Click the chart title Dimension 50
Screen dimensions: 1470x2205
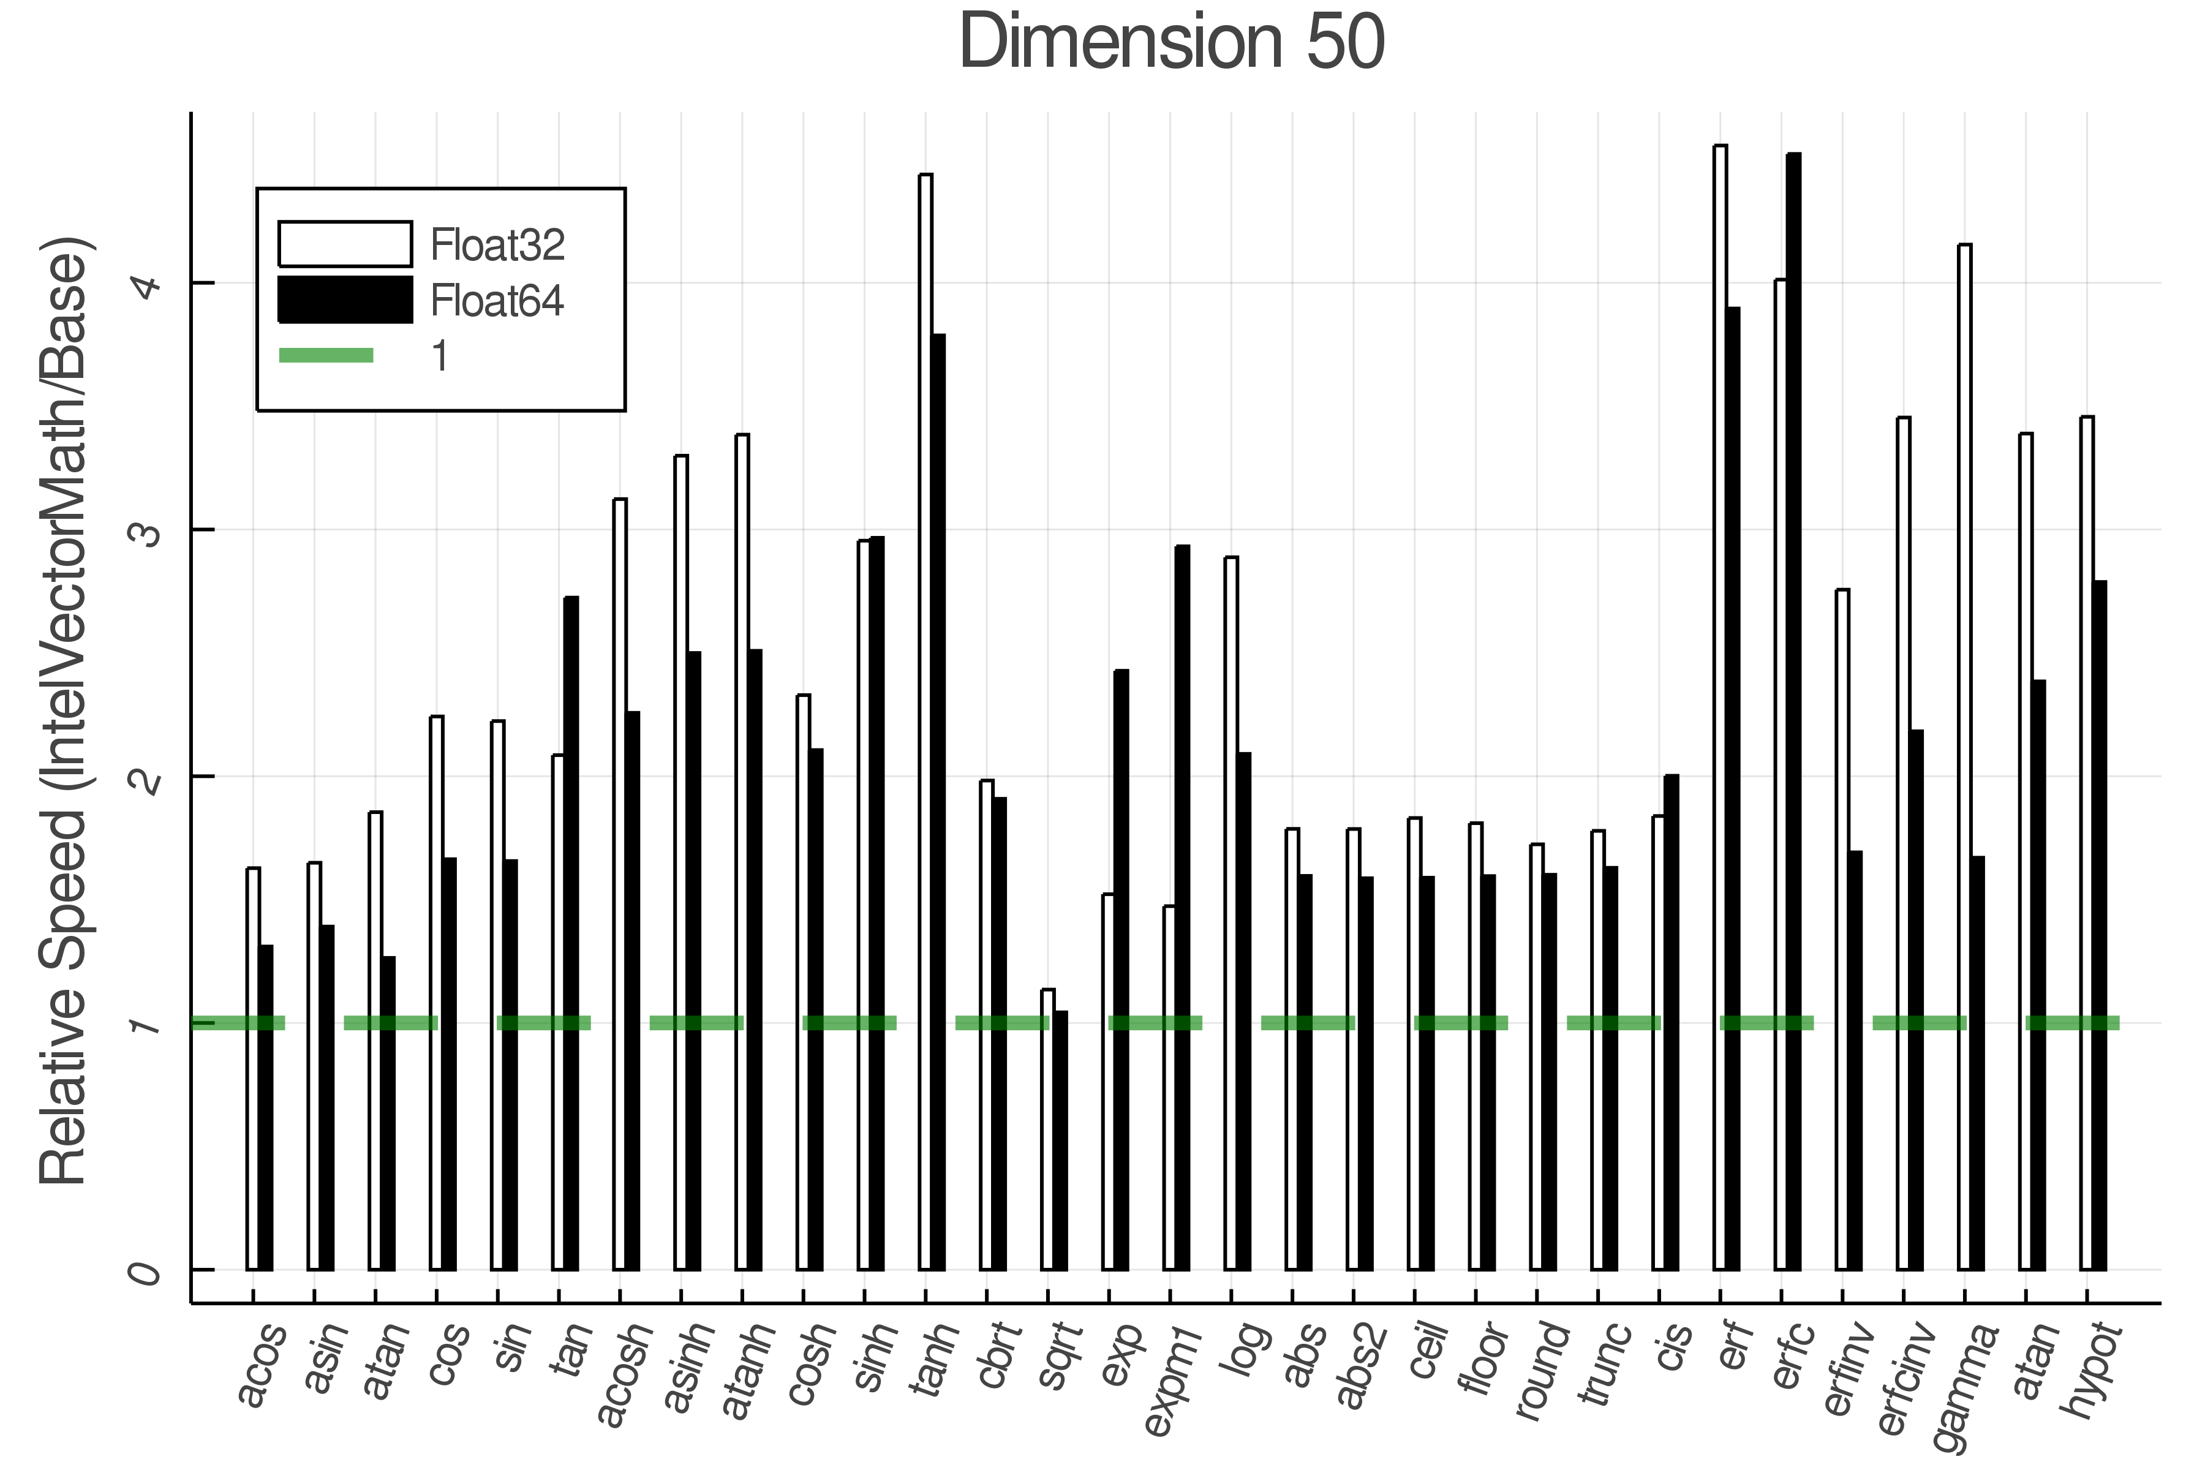[1171, 42]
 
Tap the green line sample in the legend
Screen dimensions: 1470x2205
[326, 355]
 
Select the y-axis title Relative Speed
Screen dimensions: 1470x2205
[64, 712]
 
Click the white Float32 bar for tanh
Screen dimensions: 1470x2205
[925, 722]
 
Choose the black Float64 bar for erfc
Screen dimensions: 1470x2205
[1793, 712]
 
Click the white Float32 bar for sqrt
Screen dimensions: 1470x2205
[1047, 1129]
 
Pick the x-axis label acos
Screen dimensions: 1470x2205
[261, 1364]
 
